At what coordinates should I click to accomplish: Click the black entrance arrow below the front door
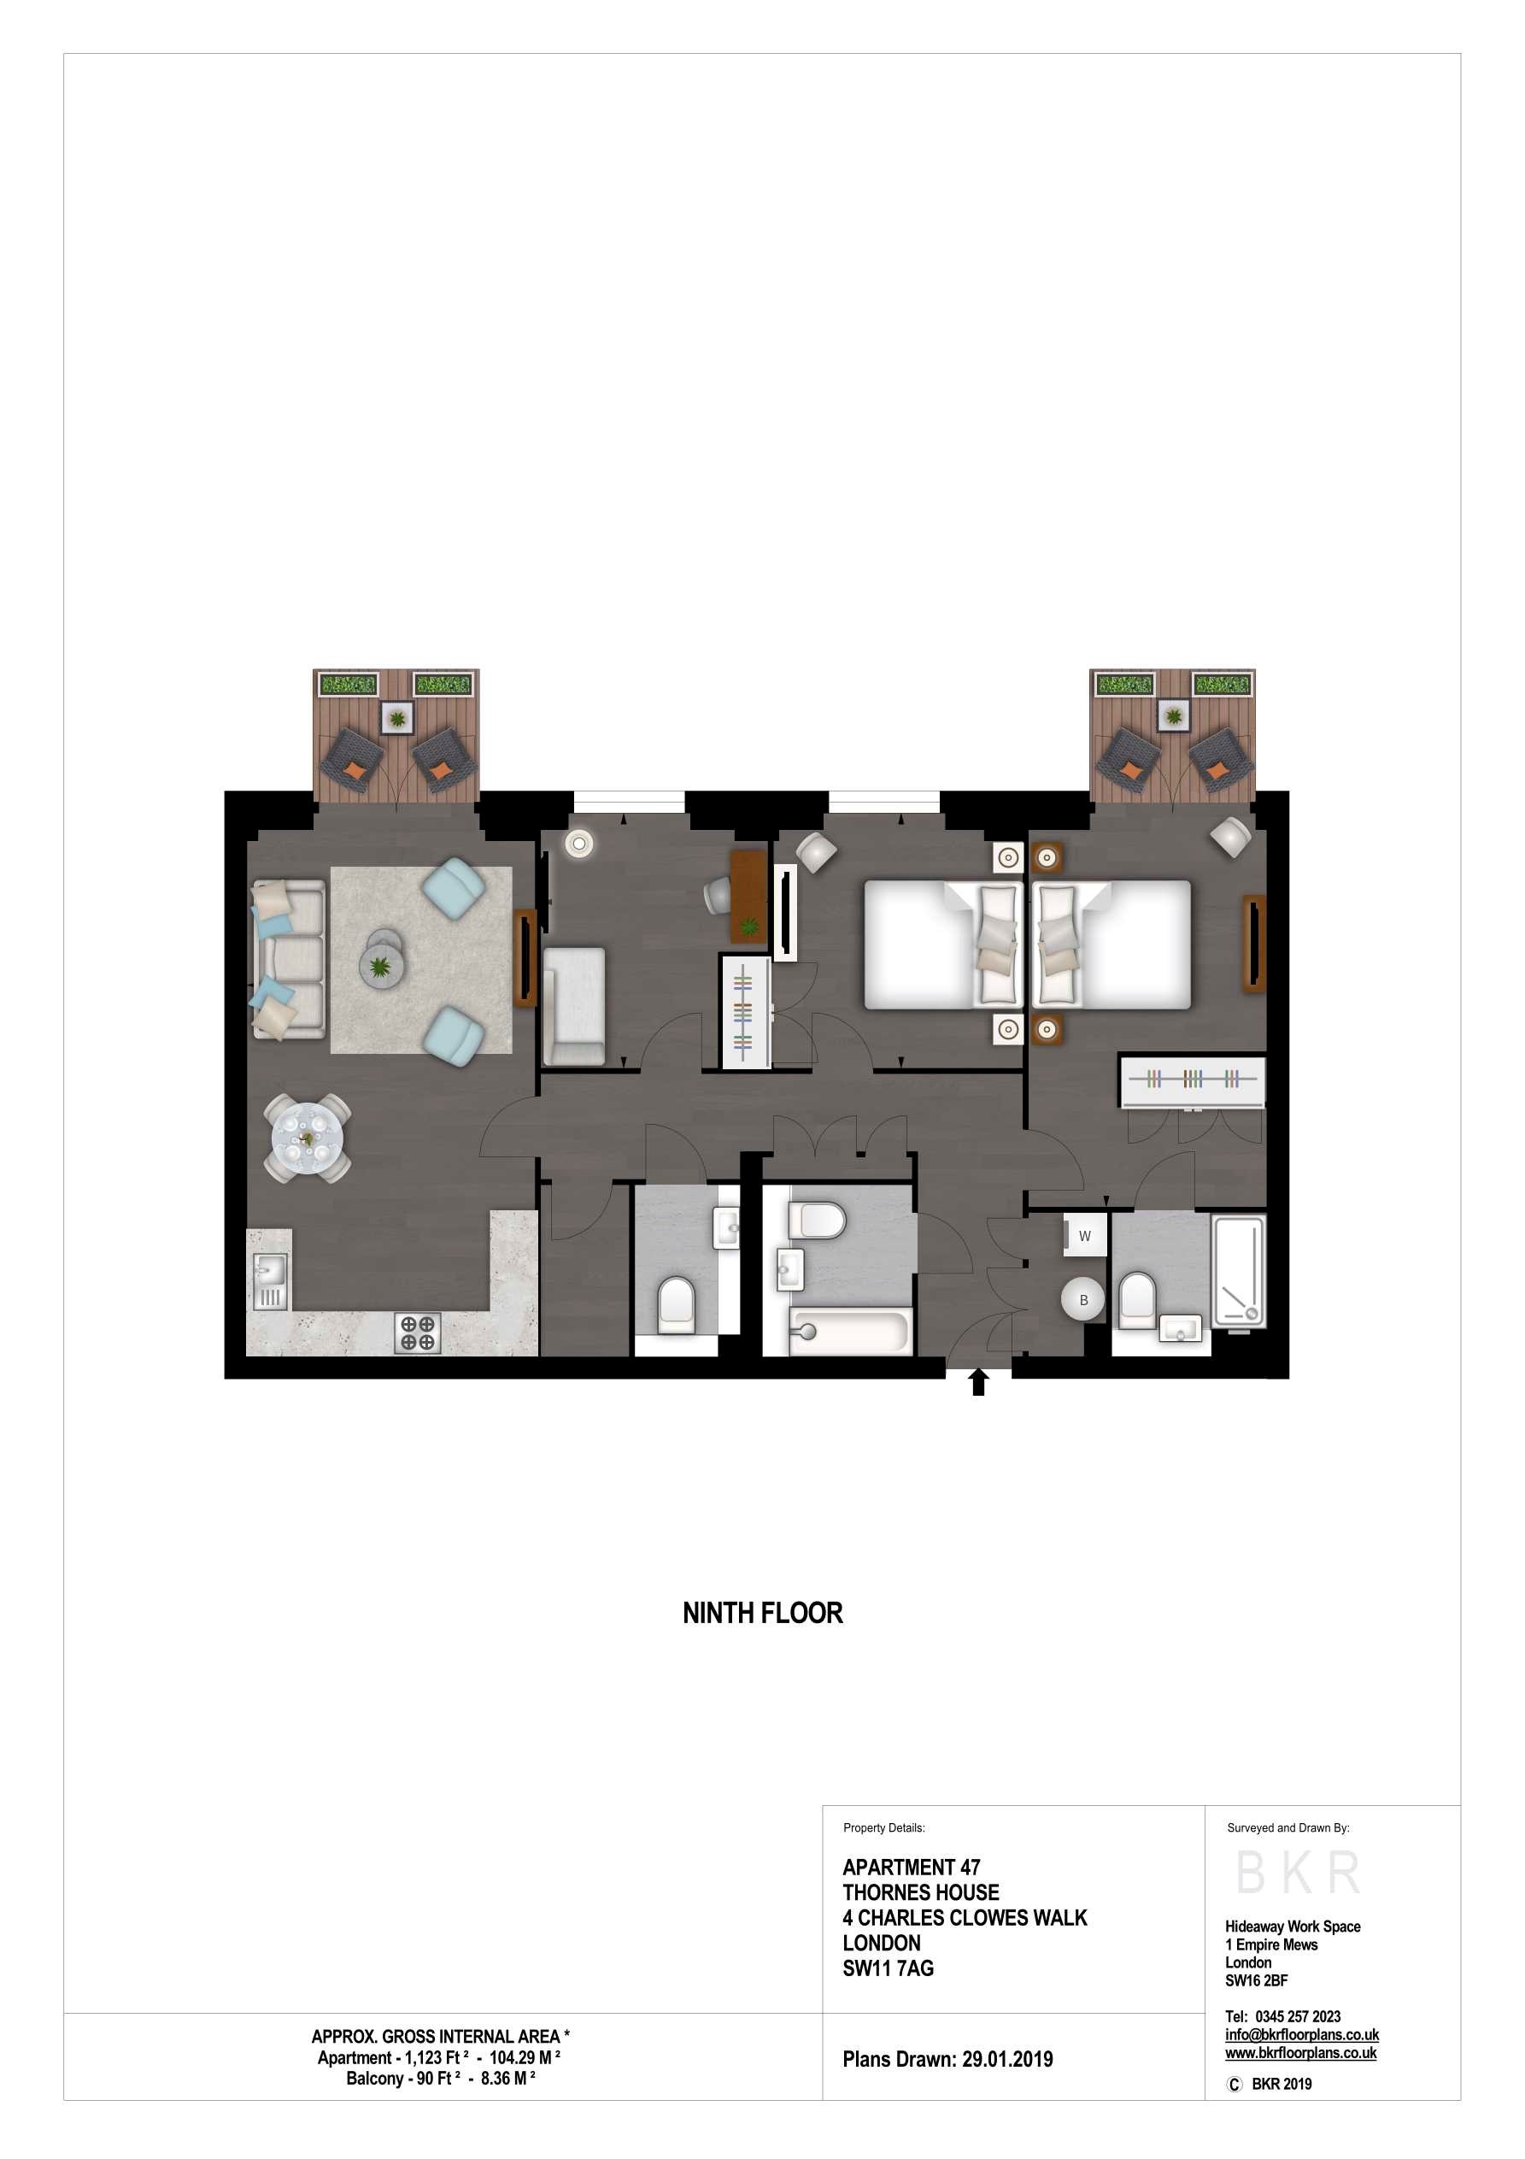pos(978,1381)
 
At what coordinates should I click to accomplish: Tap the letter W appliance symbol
pos(1085,1236)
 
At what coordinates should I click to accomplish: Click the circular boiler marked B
pos(1083,1299)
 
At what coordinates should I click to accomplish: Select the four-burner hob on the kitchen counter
pos(418,1332)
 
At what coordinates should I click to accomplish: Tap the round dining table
pos(308,1138)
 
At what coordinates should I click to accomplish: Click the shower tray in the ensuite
pos(1238,1270)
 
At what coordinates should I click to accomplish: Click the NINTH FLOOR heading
pos(762,1614)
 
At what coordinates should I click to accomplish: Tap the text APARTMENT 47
pos(911,1867)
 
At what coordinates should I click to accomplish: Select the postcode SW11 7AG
pos(888,1968)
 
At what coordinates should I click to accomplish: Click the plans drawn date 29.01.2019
pos(1007,2058)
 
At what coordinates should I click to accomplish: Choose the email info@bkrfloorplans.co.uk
pos(1301,2035)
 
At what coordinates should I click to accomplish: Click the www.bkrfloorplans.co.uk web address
pos(1300,2053)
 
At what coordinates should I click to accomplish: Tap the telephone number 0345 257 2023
pos(1298,2016)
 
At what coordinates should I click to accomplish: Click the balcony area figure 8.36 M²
pos(507,2078)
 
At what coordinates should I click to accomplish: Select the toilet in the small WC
pos(675,1303)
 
